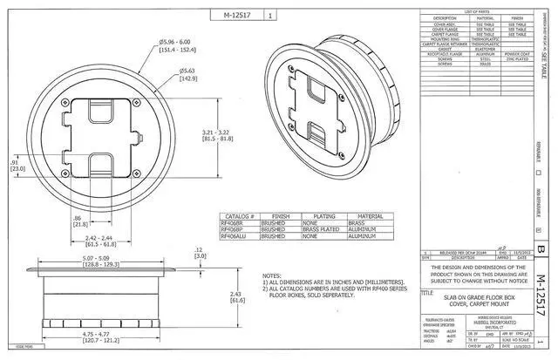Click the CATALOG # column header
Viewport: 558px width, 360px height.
pos(240,215)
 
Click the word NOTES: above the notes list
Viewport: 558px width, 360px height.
pos(273,275)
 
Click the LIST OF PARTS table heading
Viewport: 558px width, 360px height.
pos(476,10)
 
